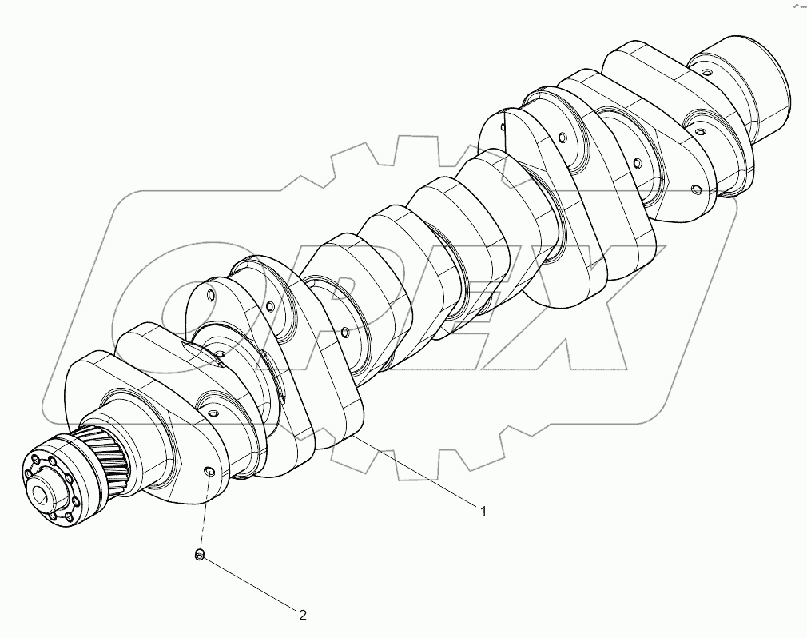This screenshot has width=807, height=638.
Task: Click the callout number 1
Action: pos(483,510)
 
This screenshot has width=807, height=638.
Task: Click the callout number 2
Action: pos(302,615)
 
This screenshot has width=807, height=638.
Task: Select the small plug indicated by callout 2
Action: pos(201,555)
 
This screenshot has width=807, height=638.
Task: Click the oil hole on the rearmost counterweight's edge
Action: pos(698,190)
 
